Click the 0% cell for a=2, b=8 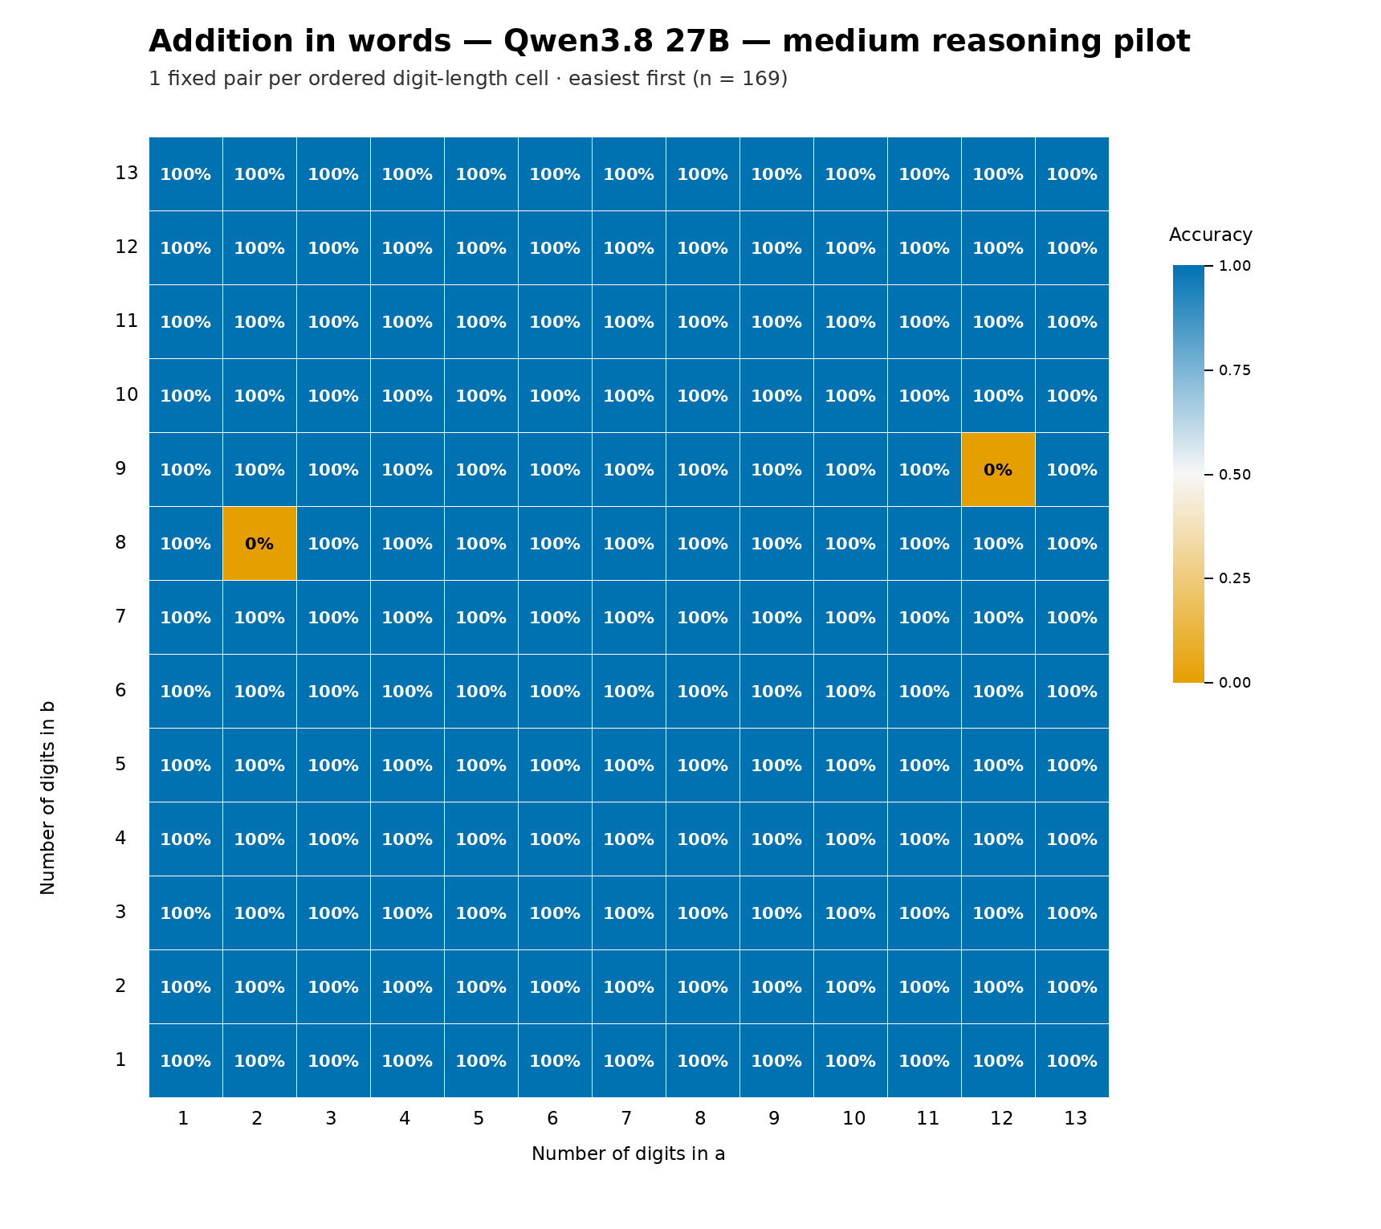(x=259, y=544)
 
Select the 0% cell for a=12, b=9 (x=998, y=470)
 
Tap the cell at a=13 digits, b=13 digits (x=1072, y=174)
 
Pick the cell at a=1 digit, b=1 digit (x=185, y=1061)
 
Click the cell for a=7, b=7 (x=629, y=618)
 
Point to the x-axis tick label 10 (x=854, y=1118)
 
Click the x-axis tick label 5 (x=479, y=1118)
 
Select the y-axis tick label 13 (x=127, y=174)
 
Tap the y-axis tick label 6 (x=120, y=691)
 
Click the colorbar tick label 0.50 (x=1235, y=475)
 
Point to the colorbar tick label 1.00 (x=1235, y=266)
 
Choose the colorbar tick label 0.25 (x=1235, y=578)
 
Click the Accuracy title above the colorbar (x=1211, y=235)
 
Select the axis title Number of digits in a (x=629, y=1154)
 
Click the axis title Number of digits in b (x=48, y=797)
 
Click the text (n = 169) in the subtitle (x=739, y=79)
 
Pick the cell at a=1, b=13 (x=185, y=174)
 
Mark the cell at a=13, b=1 (x=1072, y=1061)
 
